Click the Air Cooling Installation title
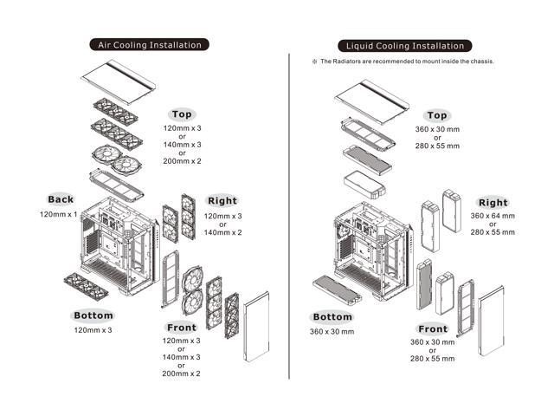tap(149, 44)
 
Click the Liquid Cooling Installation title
tap(404, 45)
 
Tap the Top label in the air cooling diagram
tap(182, 114)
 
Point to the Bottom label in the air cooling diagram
tap(93, 315)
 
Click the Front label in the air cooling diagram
tap(182, 328)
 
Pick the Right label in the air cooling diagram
tap(222, 201)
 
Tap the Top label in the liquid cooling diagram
tap(437, 115)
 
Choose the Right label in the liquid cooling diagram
tap(493, 203)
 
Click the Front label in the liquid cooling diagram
tap(433, 329)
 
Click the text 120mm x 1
tap(59, 214)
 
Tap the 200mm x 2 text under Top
tap(182, 161)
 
